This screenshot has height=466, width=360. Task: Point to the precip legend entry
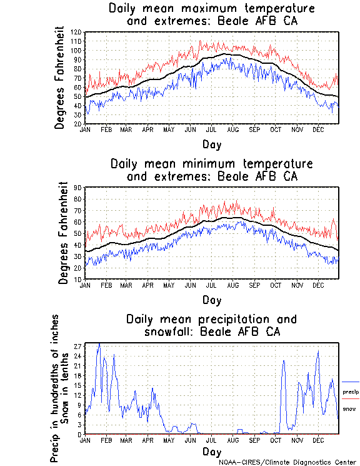pos(351,392)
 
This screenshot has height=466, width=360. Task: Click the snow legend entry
pos(350,408)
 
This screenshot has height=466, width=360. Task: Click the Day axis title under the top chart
pos(211,144)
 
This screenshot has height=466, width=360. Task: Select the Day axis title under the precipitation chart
pos(211,451)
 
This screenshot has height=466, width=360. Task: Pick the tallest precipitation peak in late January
pos(99,344)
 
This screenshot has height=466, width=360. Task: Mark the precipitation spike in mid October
pos(284,361)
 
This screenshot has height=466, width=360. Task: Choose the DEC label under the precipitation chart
pos(317,440)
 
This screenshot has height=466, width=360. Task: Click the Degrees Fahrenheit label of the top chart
pos(60,77)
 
